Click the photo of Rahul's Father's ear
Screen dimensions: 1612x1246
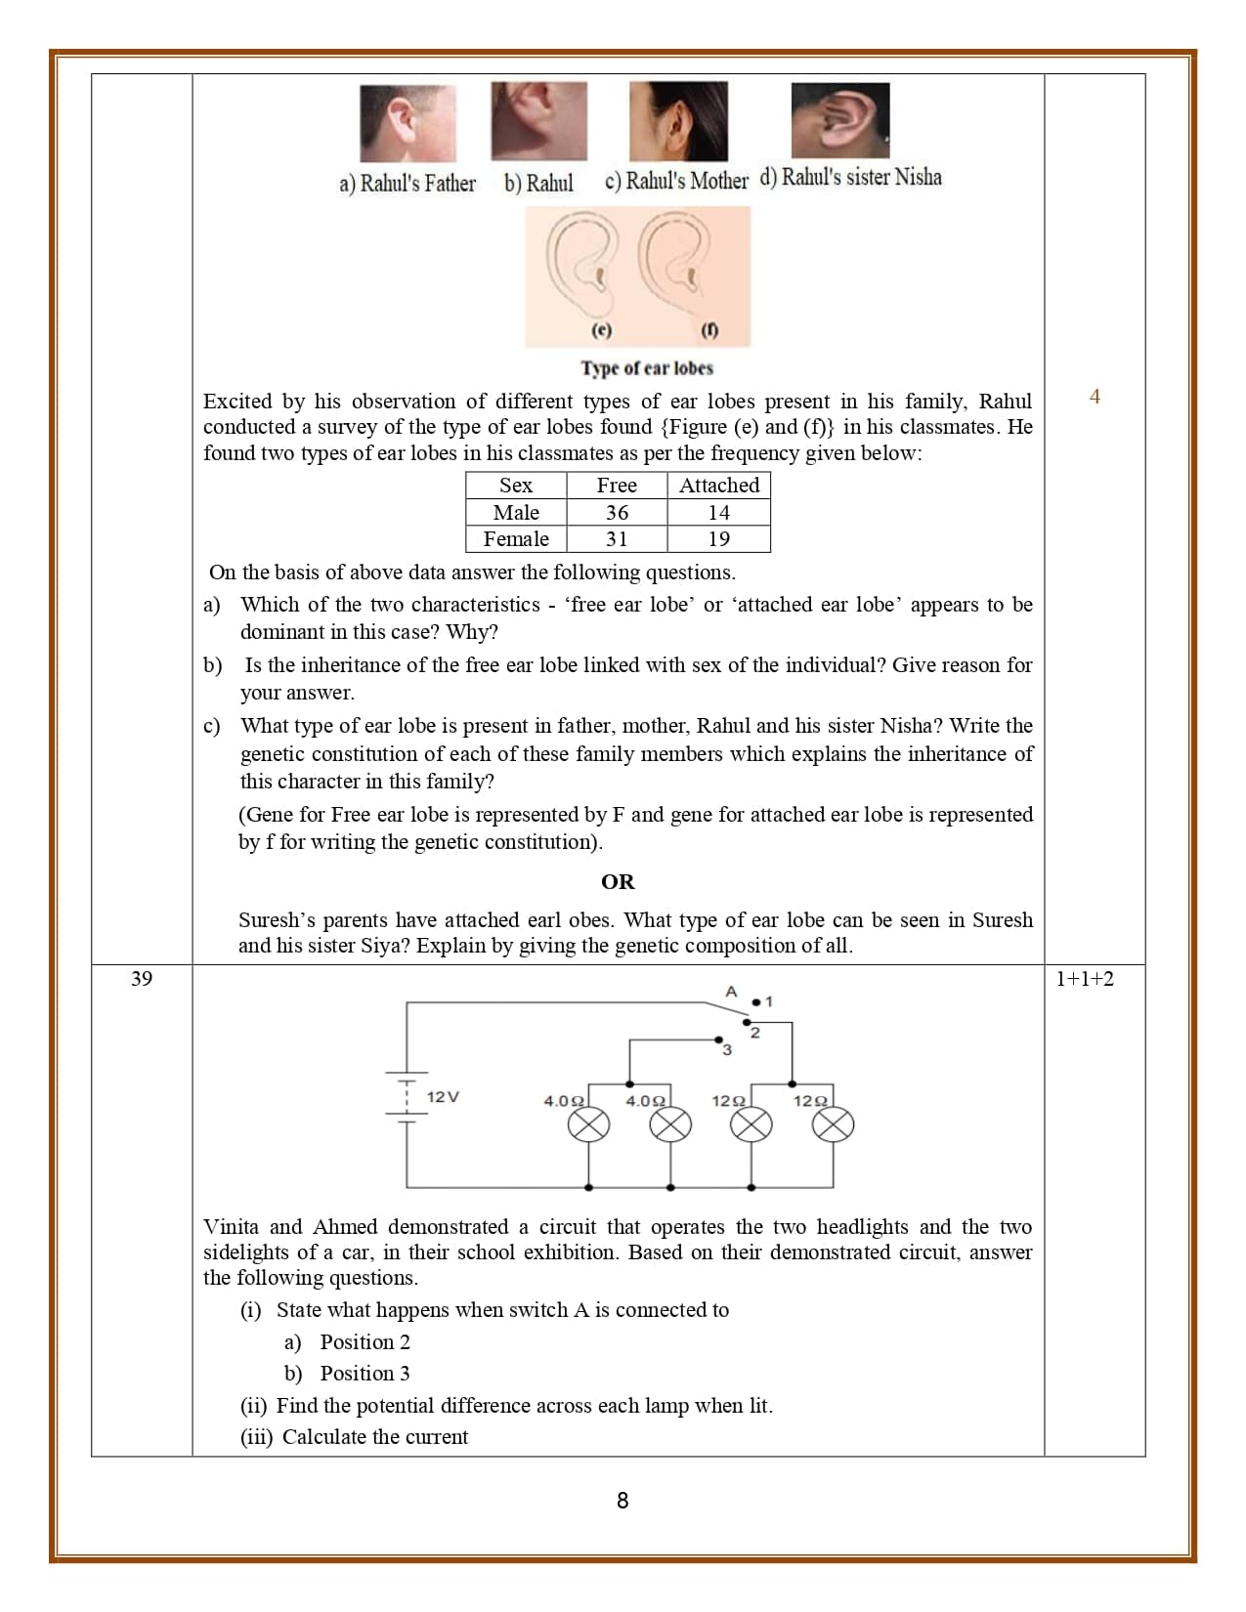point(408,123)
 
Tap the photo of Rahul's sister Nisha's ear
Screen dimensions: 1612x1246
point(840,120)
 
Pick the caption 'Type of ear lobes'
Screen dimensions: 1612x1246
point(647,368)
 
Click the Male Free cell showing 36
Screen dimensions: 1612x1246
point(617,513)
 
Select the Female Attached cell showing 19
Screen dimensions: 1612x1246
point(718,539)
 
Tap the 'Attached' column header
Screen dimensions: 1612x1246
point(718,486)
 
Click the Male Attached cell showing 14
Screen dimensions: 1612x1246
point(718,513)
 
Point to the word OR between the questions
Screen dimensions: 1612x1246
point(618,882)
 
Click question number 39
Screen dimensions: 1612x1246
point(142,979)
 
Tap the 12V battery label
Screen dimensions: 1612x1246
point(443,1097)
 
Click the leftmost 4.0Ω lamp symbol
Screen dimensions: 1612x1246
point(589,1126)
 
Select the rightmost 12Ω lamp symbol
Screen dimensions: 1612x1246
point(834,1126)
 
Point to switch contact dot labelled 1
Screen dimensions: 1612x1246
point(756,1002)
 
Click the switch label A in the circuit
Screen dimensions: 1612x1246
point(730,992)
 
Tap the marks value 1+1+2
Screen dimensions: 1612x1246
point(1085,979)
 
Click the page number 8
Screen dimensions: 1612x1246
point(623,1501)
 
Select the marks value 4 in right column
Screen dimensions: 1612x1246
point(1095,397)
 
